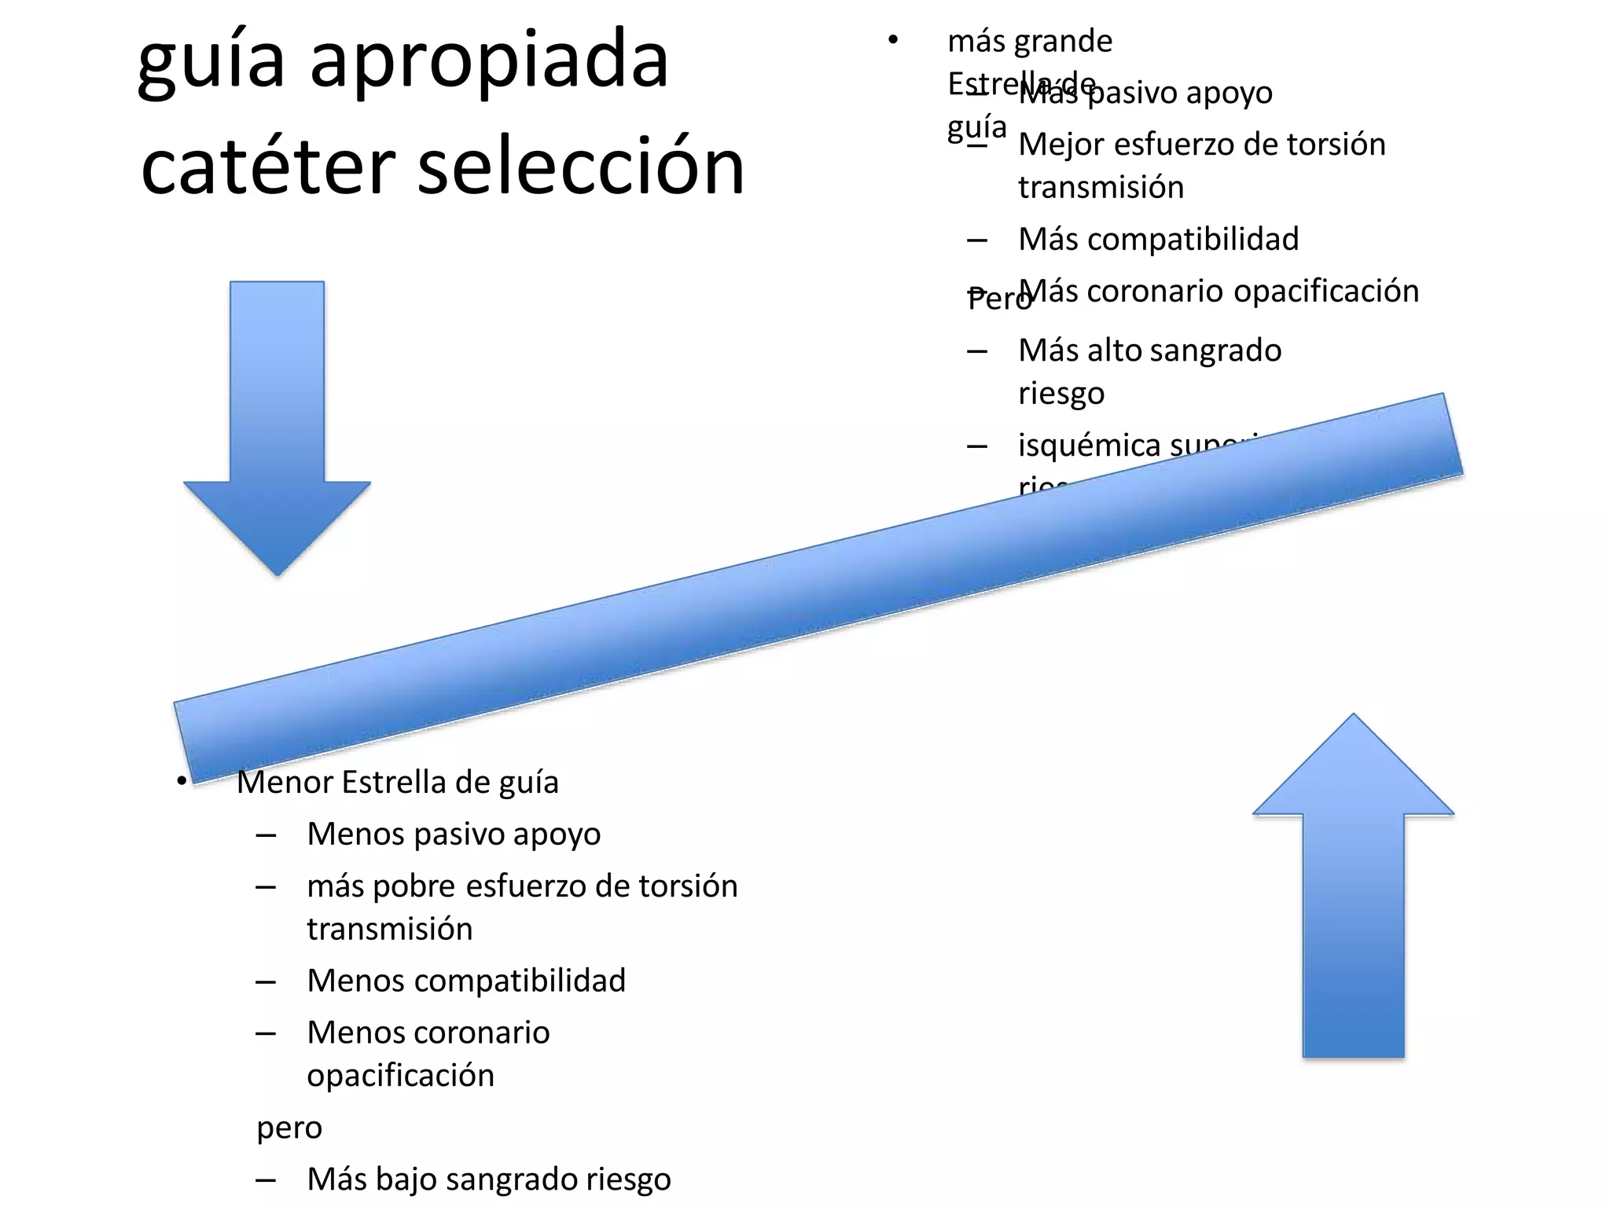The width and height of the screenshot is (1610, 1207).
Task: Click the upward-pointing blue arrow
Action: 1353,888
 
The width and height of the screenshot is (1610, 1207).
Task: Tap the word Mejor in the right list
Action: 1060,145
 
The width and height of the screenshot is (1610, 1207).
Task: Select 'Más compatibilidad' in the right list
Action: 1158,240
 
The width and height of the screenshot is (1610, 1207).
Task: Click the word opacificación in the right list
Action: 1326,292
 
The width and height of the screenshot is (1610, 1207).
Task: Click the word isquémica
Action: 1089,446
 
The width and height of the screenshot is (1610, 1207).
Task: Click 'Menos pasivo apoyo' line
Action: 454,835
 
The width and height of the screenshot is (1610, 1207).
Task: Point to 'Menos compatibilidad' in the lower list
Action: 466,981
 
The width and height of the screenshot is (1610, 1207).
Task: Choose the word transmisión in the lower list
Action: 390,930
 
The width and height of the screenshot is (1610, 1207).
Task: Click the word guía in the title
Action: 211,63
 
